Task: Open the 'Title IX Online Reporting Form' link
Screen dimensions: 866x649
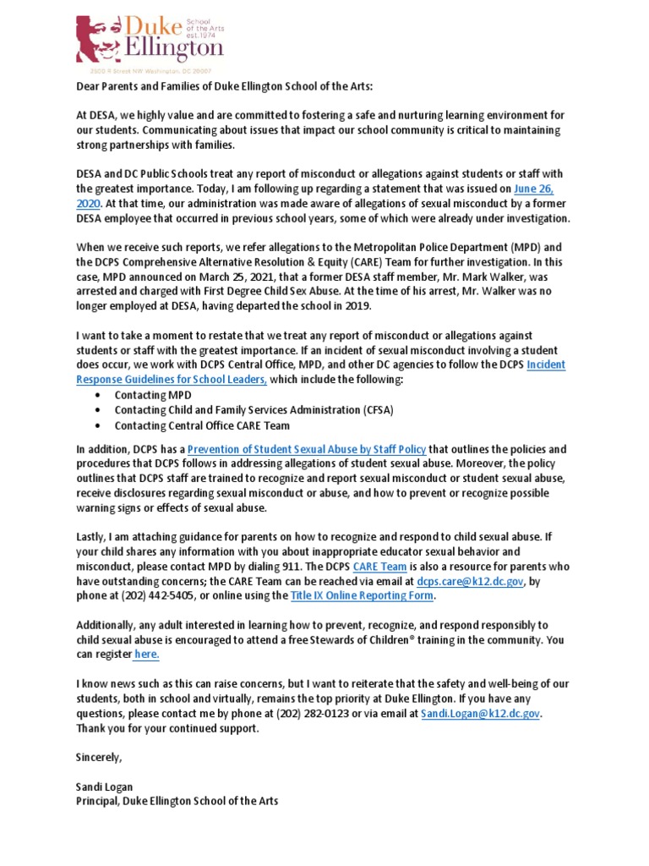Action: tap(363, 595)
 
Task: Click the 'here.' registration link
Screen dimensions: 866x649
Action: tap(146, 655)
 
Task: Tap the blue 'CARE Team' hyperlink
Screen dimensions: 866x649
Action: tap(380, 567)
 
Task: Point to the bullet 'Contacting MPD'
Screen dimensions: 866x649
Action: tap(152, 395)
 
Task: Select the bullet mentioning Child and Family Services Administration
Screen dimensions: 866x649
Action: tap(254, 410)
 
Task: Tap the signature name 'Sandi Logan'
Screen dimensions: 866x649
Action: tap(106, 787)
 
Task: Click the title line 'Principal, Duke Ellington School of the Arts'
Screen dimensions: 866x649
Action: tap(177, 801)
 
